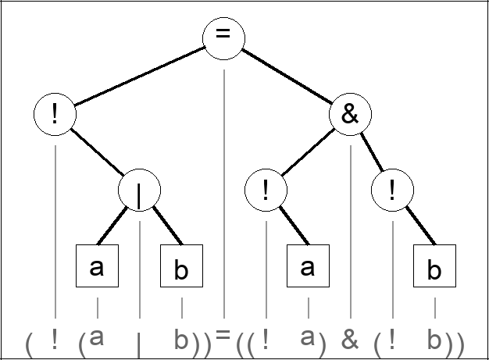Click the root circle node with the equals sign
[223, 38]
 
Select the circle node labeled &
[350, 116]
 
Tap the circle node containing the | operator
[139, 190]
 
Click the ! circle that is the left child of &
[266, 190]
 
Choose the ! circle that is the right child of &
[392, 190]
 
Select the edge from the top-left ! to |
[97, 152]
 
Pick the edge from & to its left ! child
[308, 152]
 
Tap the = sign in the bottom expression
[223, 335]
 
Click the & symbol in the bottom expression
[350, 340]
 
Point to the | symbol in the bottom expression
[139, 344]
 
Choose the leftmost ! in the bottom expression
[55, 340]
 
